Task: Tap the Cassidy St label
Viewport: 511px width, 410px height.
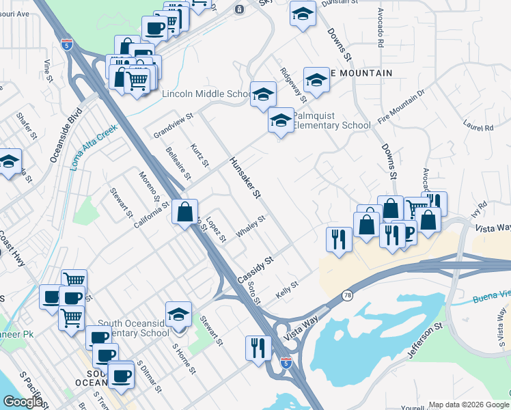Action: (255, 271)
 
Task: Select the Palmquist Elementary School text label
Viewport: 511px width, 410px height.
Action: (331, 120)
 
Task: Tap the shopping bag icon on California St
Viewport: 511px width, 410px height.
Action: (184, 212)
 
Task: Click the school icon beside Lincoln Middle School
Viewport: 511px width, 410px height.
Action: (262, 95)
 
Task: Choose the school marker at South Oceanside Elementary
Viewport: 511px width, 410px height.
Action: (178, 314)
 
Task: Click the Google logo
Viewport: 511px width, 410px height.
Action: (23, 401)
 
